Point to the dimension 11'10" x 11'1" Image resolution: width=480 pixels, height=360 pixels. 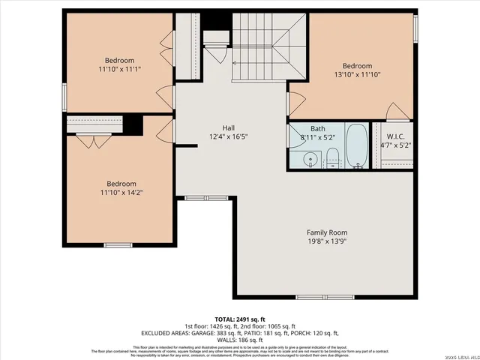pos(119,69)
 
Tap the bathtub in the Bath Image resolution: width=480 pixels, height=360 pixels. pos(356,146)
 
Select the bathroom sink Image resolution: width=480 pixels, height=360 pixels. pos(308,159)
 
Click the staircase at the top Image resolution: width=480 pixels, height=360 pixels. pos(262,45)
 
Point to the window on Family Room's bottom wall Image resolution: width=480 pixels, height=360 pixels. pos(314,298)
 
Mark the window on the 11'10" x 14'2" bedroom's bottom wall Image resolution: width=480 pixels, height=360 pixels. pos(118,245)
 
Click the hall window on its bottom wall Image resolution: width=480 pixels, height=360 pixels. pos(196,198)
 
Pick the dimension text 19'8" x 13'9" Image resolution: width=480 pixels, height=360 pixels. pos(326,241)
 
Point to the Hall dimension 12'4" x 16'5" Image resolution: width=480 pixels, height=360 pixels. pos(229,137)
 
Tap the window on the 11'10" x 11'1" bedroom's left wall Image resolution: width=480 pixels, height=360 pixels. pos(64,96)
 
